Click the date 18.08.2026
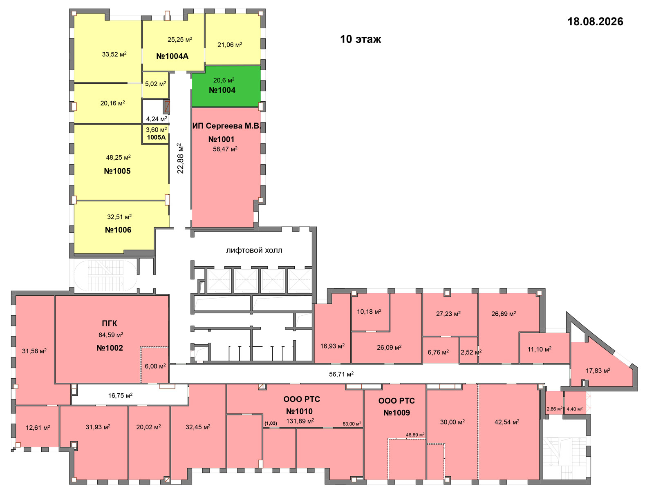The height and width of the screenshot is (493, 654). [595, 21]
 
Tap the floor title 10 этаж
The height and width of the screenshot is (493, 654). [361, 39]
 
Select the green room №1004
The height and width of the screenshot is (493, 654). [226, 86]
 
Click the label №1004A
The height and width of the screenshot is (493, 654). [172, 56]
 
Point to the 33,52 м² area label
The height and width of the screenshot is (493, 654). [114, 54]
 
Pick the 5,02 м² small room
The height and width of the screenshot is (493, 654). [156, 85]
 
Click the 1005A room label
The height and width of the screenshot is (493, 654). [156, 137]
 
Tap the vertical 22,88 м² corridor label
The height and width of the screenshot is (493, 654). [180, 158]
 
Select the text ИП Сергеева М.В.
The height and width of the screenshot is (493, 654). [226, 126]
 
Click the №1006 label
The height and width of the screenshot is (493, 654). [118, 230]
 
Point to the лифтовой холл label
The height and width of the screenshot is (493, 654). [254, 250]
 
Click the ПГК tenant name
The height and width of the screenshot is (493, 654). [110, 323]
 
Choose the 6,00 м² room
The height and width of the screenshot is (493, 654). [155, 365]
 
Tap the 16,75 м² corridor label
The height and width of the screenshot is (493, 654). [120, 395]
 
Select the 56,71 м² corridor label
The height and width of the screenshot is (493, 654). [341, 374]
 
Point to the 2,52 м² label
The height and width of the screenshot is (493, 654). [471, 352]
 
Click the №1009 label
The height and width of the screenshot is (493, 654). [396, 413]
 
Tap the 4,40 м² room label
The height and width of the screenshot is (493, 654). [574, 409]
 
